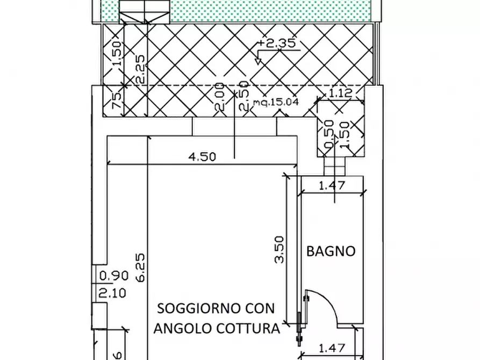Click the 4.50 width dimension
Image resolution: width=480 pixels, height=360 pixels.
(203, 157)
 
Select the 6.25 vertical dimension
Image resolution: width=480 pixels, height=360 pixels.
(139, 269)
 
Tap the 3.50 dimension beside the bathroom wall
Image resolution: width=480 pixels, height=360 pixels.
(279, 251)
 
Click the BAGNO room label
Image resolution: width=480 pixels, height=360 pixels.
(331, 251)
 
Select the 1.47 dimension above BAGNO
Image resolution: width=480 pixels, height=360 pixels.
(332, 186)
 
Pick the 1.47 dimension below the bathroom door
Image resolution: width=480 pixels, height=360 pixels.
(332, 349)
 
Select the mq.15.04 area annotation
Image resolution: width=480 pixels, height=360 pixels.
(276, 102)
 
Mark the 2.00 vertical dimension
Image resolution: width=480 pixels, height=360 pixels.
(219, 97)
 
